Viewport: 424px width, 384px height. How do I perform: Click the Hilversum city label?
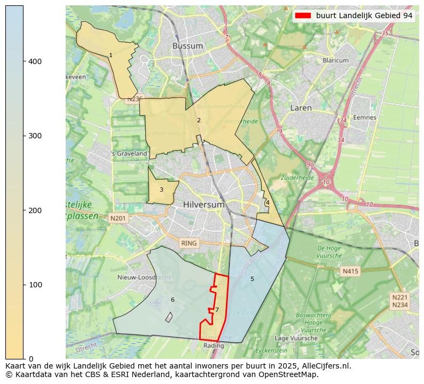coord(202,205)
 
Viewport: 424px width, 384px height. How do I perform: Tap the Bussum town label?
coord(187,46)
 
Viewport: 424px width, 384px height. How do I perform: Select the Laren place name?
coord(301,108)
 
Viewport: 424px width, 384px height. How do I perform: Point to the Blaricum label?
coord(335,61)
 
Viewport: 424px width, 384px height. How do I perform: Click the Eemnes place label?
coord(365,117)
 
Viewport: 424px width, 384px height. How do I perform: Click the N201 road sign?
coord(119,218)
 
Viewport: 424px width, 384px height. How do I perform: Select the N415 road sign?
coord(350,271)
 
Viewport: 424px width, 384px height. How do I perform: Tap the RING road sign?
coord(189,243)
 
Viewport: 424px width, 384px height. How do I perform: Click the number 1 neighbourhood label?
coord(111,56)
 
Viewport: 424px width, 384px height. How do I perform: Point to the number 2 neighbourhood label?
coord(199,120)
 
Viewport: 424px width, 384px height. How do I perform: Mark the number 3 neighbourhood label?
coord(161,190)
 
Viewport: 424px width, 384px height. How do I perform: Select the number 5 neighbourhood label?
coord(252,279)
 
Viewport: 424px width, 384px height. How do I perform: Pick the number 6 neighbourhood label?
coord(172,300)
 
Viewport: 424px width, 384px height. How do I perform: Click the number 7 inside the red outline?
coord(217,310)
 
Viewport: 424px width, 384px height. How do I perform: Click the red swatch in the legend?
coord(303,16)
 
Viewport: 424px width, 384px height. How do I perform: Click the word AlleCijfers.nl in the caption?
coord(324,366)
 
